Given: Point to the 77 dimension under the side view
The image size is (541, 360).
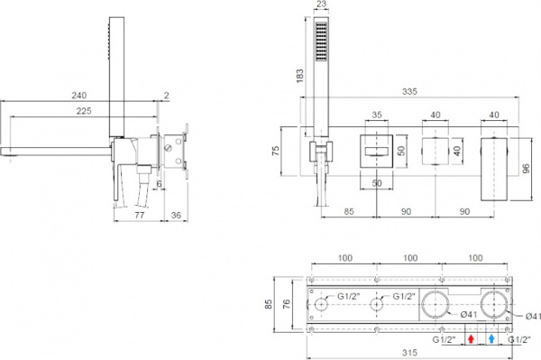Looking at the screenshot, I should point(139,217).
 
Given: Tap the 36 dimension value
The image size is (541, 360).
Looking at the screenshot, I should point(176,217).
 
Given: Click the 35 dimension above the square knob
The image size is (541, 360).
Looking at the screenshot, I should point(378,115).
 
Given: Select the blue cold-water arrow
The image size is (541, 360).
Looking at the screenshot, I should point(491,340).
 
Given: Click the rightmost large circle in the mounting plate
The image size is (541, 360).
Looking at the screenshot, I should point(494,306).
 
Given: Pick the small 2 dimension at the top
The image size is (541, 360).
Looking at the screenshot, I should point(167,94).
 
